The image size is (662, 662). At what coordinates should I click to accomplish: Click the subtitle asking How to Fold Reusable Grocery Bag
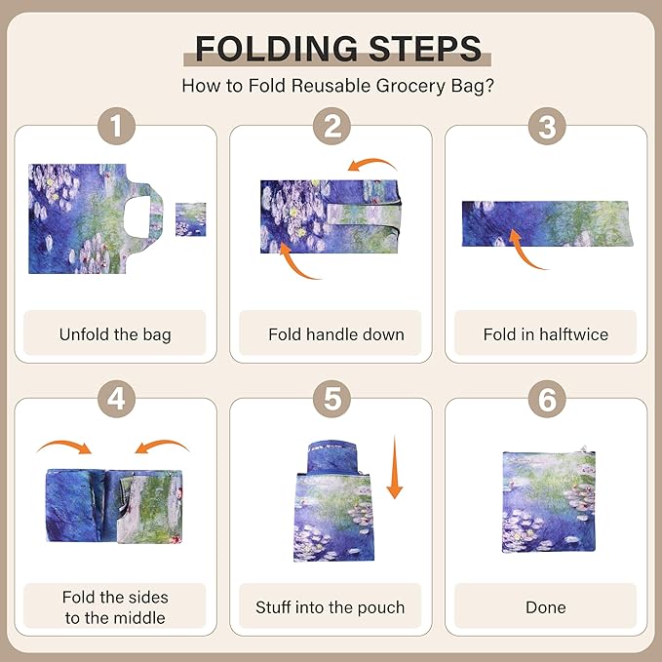tap(337, 85)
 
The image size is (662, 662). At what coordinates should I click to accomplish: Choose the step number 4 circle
tap(115, 400)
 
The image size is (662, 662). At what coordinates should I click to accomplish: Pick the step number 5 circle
tap(331, 400)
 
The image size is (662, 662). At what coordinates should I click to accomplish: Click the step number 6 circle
tap(546, 400)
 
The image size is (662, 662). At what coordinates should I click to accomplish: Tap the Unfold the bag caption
tap(115, 334)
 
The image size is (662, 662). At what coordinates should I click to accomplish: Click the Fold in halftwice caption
tap(546, 334)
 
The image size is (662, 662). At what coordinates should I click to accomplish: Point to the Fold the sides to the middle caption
tap(115, 606)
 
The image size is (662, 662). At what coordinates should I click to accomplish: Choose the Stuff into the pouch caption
tap(331, 606)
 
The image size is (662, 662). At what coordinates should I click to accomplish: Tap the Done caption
tap(546, 606)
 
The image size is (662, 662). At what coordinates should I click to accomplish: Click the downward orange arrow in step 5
tap(394, 468)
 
